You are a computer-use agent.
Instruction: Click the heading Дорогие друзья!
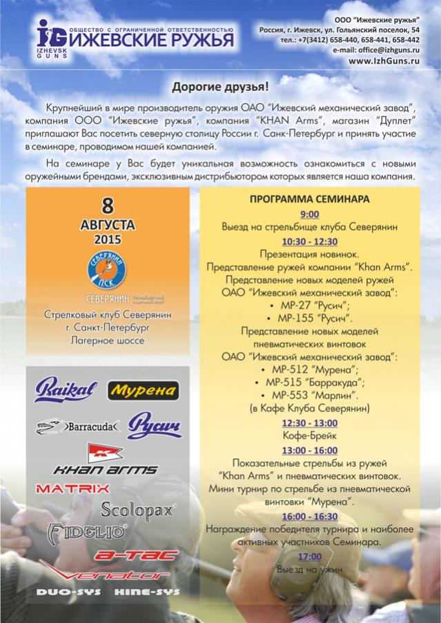[x=220, y=88]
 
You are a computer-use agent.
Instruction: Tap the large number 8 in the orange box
[x=107, y=206]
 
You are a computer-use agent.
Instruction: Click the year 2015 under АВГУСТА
[x=107, y=240]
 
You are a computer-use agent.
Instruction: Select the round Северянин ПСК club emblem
[x=107, y=272]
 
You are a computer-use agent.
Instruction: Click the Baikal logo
[x=66, y=390]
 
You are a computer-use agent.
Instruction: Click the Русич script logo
[x=155, y=425]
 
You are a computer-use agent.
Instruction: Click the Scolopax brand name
[x=138, y=510]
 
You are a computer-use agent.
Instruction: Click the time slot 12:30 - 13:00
[x=310, y=422]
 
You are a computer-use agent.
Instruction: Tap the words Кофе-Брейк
[x=310, y=436]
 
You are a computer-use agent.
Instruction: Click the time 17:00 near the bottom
[x=310, y=557]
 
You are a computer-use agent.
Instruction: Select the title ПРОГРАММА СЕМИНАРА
[x=310, y=199]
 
